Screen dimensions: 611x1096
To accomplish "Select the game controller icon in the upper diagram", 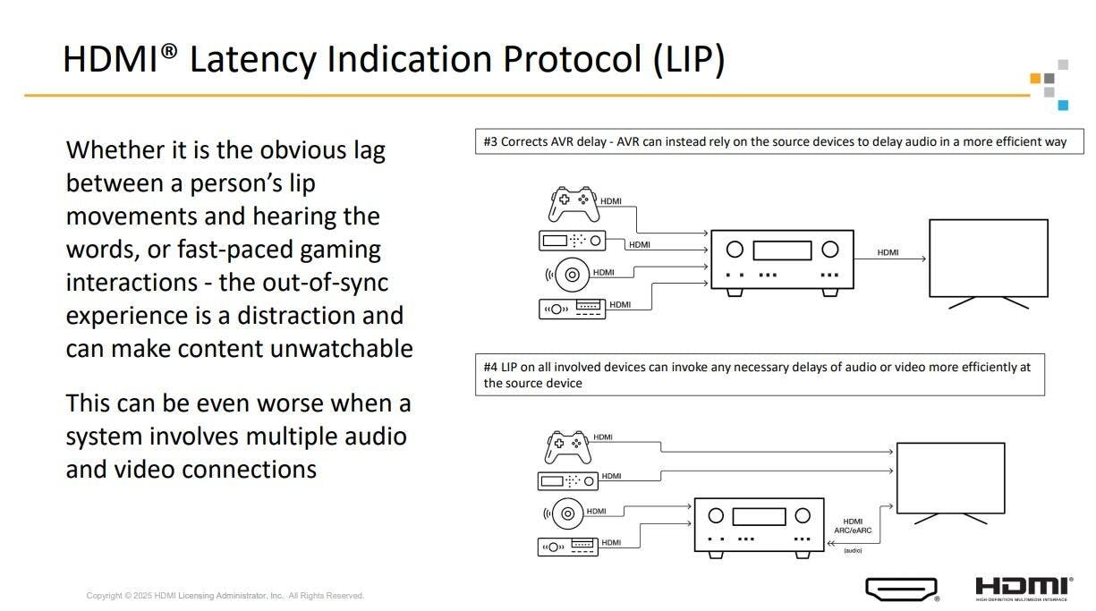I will [x=573, y=204].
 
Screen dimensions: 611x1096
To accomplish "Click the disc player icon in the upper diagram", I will [x=571, y=274].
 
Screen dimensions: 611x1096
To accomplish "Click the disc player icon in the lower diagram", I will [x=566, y=513].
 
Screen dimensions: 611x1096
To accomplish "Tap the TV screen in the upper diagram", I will [x=988, y=259].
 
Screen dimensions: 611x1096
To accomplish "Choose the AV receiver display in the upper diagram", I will [x=782, y=250].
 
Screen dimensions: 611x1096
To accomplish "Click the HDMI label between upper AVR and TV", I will [x=888, y=252].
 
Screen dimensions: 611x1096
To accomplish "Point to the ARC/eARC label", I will [x=852, y=530].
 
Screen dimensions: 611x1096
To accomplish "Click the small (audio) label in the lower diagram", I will [x=853, y=550].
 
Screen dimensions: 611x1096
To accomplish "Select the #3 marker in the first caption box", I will [x=490, y=141].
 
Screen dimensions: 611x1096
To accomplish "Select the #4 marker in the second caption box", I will [x=490, y=367].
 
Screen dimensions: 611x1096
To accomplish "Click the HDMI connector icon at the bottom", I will [x=901, y=589].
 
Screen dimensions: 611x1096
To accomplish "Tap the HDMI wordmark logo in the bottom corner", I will [x=1023, y=588].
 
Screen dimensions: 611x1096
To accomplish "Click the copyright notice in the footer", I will [x=225, y=596].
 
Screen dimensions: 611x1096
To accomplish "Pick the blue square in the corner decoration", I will [x=1063, y=105].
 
